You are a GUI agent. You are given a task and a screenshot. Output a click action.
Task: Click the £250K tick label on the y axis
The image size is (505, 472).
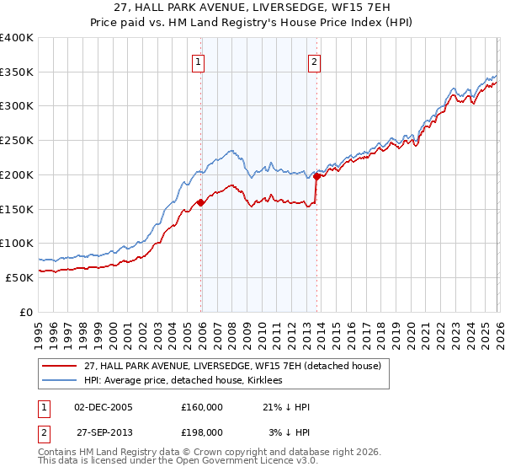(x=17, y=140)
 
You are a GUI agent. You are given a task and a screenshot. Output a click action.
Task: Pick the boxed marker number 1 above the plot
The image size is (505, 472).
(x=199, y=61)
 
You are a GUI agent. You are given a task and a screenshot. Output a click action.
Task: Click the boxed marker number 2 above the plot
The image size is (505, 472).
(x=314, y=61)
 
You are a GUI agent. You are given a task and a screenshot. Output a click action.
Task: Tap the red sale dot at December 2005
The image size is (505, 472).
(x=200, y=202)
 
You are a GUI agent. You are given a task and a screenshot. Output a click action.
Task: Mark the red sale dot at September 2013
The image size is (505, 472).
(x=316, y=176)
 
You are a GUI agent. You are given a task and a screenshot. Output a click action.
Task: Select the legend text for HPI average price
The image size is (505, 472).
(x=185, y=380)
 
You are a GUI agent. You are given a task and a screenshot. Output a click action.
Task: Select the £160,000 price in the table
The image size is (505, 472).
(x=202, y=406)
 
